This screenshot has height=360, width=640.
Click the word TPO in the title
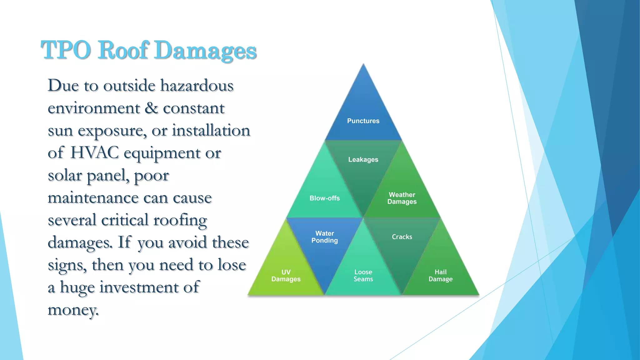pos(66,50)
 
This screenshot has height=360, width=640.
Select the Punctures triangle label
pos(363,121)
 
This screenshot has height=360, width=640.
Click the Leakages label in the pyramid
pos(363,160)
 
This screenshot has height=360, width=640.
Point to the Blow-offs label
pos(324,198)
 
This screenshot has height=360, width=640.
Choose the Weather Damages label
pos(402,198)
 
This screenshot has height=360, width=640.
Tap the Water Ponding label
pos(324,237)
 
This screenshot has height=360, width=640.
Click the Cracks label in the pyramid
pos(402,237)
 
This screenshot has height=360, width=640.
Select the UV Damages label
pos(286,276)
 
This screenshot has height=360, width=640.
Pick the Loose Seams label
pos(363,276)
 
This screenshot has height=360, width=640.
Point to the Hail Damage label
pos(441,276)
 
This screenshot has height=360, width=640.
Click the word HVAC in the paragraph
pos(94,153)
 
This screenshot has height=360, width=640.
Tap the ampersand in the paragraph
pos(151,108)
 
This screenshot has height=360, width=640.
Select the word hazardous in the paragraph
pos(197,86)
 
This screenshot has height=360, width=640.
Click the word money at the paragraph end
pos(73,310)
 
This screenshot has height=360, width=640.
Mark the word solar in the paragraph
pos(65,175)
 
